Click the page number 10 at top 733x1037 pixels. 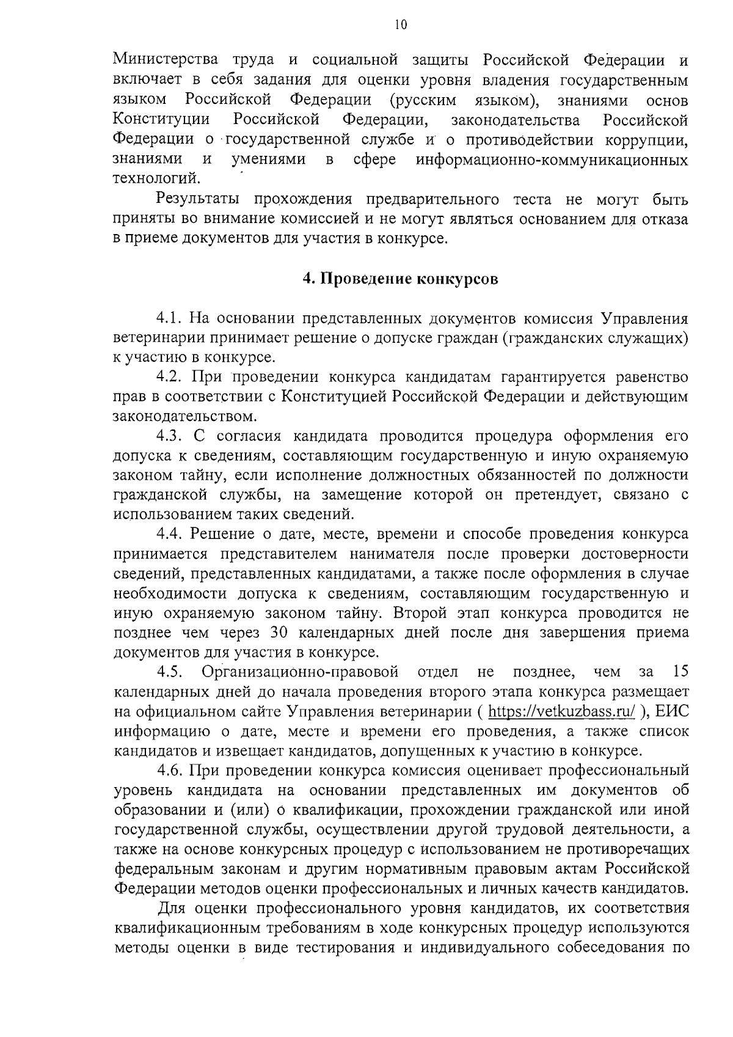pos(400,25)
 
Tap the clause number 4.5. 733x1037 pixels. pos(169,672)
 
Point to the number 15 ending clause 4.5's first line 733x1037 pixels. pos(679,672)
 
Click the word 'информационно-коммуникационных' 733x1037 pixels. pos(552,160)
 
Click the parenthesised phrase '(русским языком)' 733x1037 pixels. pos(464,100)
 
